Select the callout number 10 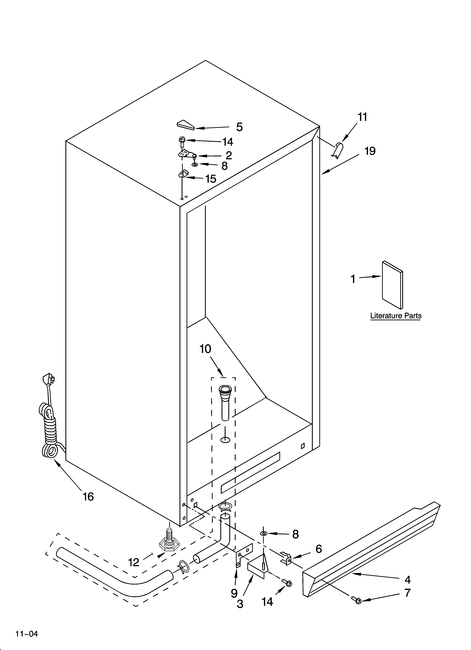click(205, 349)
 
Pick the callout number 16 click(88, 497)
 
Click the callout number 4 click(407, 580)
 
